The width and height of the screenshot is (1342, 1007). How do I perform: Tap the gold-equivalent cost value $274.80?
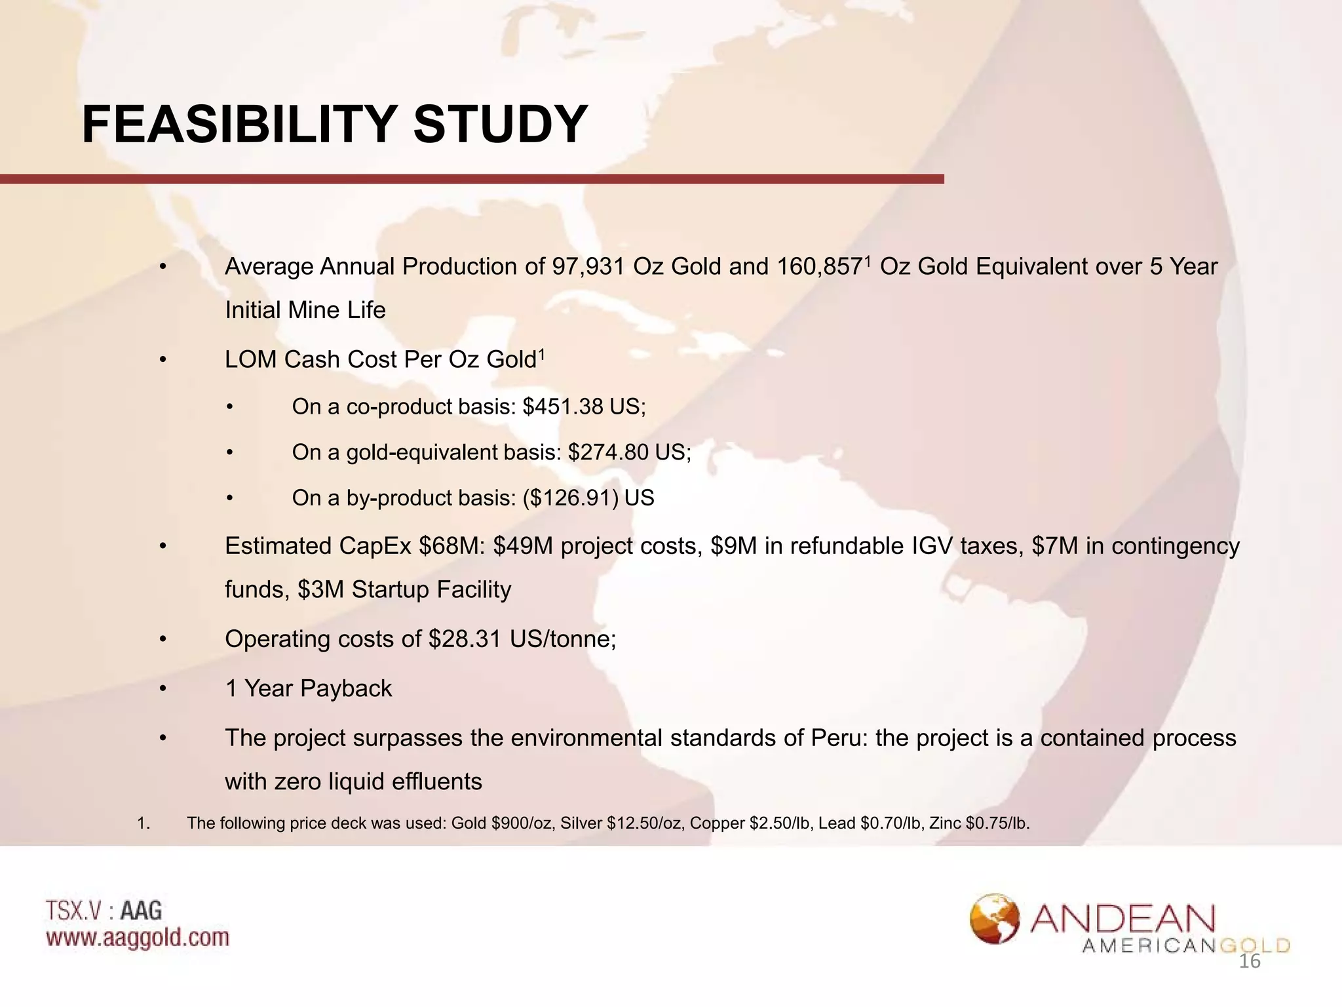608,452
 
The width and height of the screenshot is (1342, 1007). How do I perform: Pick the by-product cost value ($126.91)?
571,498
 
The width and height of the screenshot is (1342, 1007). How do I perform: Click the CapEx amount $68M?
451,546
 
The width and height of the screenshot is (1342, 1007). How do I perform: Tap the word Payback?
346,688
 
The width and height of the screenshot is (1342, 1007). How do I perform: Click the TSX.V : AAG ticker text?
104,911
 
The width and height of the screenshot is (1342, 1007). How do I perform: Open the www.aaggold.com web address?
138,938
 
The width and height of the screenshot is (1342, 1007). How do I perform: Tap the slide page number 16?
1250,962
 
